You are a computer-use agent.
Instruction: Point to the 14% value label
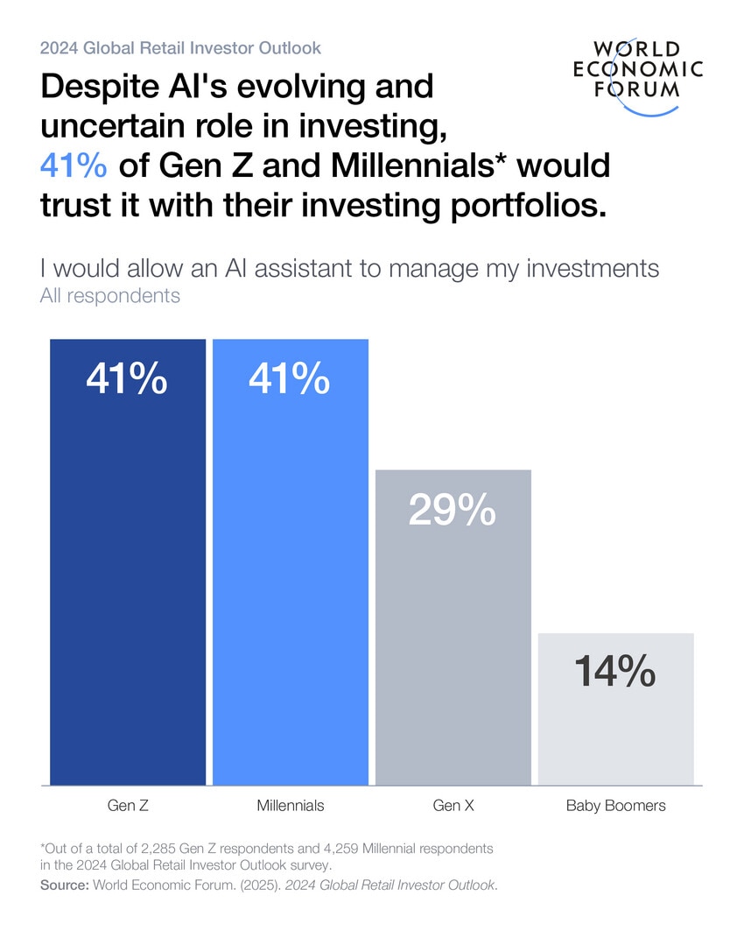614,673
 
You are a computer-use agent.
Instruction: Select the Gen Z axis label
128,806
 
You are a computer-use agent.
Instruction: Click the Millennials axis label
291,806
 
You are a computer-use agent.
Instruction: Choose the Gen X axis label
453,806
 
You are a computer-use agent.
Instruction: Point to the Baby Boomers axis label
615,806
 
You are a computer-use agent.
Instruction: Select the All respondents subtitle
110,296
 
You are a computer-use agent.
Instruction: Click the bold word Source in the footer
64,885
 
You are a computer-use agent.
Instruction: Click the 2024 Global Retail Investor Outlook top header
180,48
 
